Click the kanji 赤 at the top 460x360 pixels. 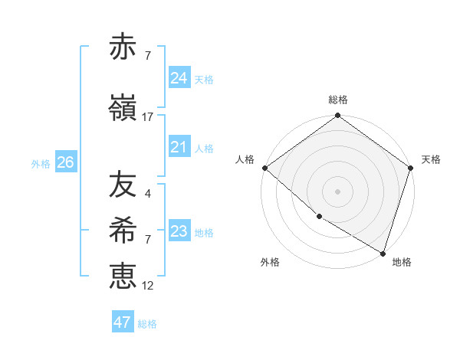pyautogui.click(x=123, y=47)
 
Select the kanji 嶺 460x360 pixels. pyautogui.click(x=123, y=109)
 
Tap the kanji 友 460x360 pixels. pyautogui.click(x=123, y=185)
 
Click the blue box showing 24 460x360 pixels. pyautogui.click(x=179, y=78)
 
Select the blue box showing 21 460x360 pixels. pyautogui.click(x=179, y=147)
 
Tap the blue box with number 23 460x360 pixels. pyautogui.click(x=179, y=231)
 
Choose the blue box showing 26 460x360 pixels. pyautogui.click(x=65, y=162)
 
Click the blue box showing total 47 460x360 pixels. pyautogui.click(x=122, y=322)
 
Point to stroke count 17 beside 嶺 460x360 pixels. pyautogui.click(x=148, y=117)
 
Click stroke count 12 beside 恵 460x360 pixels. pyautogui.click(x=148, y=285)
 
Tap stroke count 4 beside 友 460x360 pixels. pyautogui.click(x=147, y=193)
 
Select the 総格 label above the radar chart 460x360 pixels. pyautogui.click(x=338, y=100)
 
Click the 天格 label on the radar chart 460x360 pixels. pyautogui.click(x=431, y=159)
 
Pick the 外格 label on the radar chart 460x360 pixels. pyautogui.click(x=270, y=262)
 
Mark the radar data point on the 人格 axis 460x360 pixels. pyautogui.click(x=264, y=168)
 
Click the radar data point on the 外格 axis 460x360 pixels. pyautogui.click(x=319, y=217)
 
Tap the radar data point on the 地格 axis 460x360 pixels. pyautogui.click(x=383, y=253)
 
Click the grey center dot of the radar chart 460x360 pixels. pyautogui.click(x=338, y=191)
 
